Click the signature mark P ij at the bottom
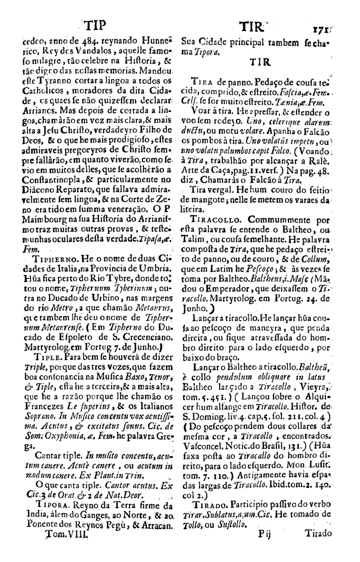[266, 548]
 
